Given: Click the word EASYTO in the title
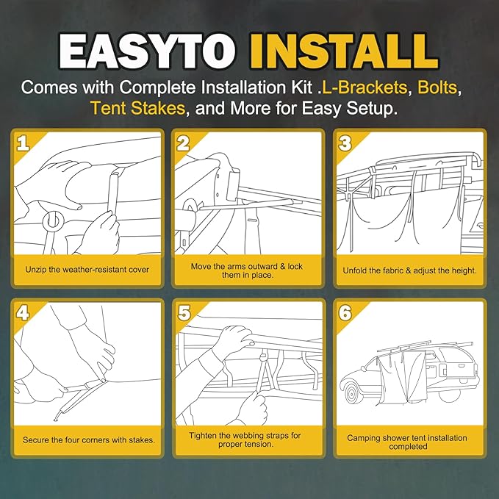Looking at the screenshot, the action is coord(147,51).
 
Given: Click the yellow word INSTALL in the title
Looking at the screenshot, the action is coord(345,51).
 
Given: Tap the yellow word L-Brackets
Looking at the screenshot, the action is coord(365,87).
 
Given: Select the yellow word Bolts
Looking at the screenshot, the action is coord(437,87).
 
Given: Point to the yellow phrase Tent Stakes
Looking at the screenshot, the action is coord(138,108).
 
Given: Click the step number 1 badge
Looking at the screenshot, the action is coord(23,143).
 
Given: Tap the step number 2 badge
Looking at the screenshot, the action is coord(183,143).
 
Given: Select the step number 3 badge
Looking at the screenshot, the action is coord(345,143).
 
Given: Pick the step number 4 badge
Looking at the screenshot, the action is coord(23,313).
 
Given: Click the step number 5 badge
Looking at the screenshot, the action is coord(184,313).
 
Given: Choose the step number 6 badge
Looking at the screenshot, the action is coord(345,313).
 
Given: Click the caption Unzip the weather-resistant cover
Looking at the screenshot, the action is coord(87,270).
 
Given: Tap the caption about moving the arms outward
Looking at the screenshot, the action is coord(247,270).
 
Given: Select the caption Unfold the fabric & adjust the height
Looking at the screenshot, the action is coord(409,270).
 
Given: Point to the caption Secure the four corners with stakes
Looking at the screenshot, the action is coord(89,440).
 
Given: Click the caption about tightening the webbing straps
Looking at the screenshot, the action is coord(245,439).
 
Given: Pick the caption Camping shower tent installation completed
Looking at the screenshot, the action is coord(407,442).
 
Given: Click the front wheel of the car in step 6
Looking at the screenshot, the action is coord(352,395).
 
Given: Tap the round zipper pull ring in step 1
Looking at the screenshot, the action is coord(53,220).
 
